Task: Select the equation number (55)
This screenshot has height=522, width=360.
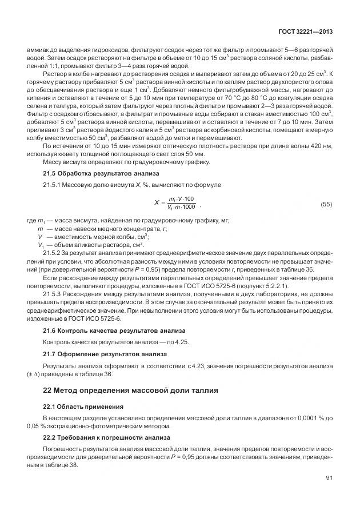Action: coord(326,204)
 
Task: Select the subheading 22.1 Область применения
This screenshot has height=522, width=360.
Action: coord(83,407)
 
